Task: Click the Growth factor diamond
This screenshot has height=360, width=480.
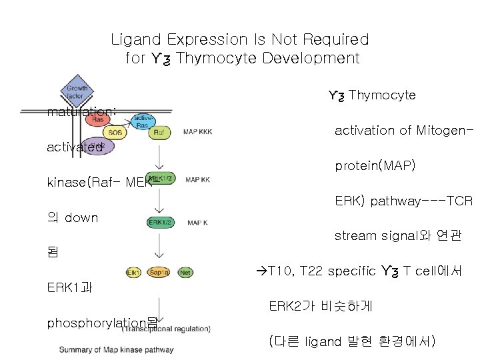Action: pos(77,93)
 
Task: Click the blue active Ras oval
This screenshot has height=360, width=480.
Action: pos(142,120)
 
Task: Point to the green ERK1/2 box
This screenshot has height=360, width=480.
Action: pos(160,223)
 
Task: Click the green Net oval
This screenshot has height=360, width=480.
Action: pos(185,272)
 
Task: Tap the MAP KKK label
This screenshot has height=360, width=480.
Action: pos(197,132)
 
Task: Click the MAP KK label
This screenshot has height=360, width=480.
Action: pos(197,179)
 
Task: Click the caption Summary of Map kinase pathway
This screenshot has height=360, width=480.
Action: pos(116,349)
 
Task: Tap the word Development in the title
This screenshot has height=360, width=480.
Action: pos(311,58)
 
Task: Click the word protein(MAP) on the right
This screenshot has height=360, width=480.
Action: pos(375,165)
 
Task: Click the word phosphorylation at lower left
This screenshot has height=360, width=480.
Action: pos(96,323)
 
